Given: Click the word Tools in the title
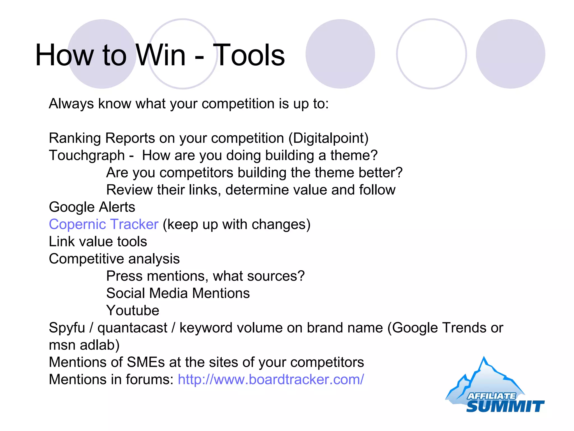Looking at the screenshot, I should pos(250,55).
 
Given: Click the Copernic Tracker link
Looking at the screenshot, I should pos(103,224).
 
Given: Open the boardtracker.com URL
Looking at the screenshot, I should pos(271,379).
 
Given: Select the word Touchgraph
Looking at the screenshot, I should pos(87,155).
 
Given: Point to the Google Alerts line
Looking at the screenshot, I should pos(92,207).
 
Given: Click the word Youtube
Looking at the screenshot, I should pos(133,310).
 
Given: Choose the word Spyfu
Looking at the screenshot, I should pos(67,328).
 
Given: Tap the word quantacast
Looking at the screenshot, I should pos(132,328).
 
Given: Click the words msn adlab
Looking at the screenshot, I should pos(84,345).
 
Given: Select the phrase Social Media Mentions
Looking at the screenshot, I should pos(178,293).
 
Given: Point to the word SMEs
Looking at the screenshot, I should pos(146,362).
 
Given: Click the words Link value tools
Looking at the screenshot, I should pos(98,242).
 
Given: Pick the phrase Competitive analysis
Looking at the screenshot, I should pos(114,259).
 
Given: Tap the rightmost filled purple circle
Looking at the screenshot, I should pos(510,54).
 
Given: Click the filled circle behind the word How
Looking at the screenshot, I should pos(102,34).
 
